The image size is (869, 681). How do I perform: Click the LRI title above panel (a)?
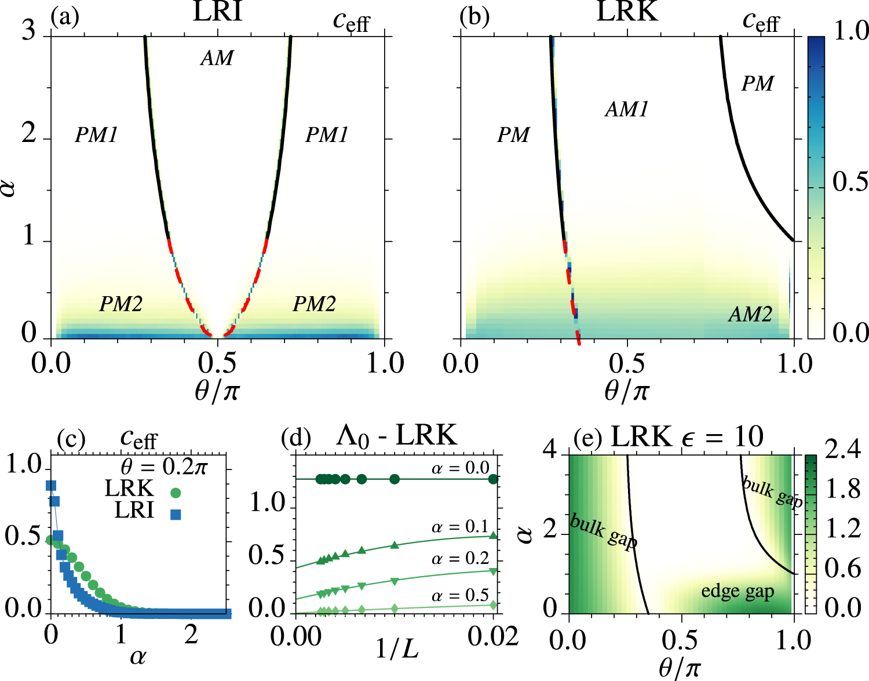(217, 12)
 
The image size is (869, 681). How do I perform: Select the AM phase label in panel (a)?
(217, 58)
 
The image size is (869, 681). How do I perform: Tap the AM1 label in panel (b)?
(627, 110)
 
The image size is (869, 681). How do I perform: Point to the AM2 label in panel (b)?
(750, 315)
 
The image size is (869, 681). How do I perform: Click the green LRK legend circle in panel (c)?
(176, 493)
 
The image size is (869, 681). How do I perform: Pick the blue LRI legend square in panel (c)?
(176, 514)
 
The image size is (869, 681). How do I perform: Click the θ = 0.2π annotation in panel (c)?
(164, 467)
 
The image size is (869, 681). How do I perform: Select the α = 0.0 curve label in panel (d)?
(461, 468)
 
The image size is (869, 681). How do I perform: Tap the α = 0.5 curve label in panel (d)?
(461, 596)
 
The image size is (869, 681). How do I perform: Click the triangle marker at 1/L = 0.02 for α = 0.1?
(493, 536)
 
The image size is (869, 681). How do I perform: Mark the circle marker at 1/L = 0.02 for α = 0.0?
(493, 479)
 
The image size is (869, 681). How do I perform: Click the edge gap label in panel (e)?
(737, 592)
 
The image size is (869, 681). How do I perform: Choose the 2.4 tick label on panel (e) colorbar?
(842, 450)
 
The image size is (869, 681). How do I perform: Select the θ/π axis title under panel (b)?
(626, 391)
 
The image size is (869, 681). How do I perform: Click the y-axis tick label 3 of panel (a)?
(29, 30)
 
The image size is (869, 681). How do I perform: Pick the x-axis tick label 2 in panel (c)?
(191, 635)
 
